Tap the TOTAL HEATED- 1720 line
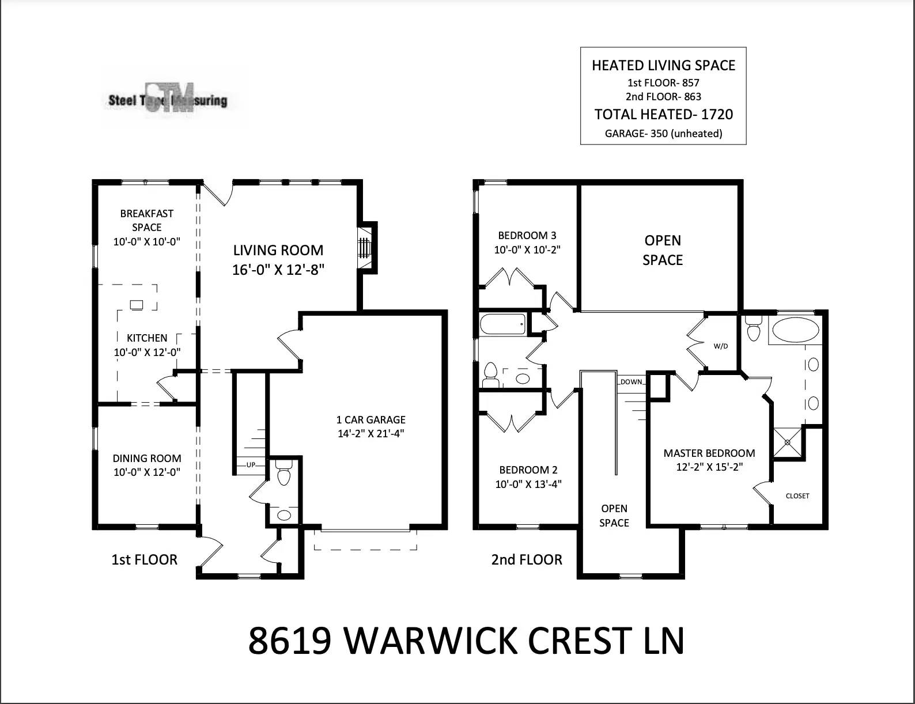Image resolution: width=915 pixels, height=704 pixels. click(663, 114)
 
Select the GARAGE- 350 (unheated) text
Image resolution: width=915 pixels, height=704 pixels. click(663, 134)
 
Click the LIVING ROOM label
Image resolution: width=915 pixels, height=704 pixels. click(278, 250)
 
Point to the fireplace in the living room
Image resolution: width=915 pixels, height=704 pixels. click(364, 247)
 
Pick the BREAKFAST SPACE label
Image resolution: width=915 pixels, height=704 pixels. click(146, 220)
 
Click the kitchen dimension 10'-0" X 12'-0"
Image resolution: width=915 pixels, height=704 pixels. click(147, 352)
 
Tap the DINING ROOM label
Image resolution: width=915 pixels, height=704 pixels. click(147, 458)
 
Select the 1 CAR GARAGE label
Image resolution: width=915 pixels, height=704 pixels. click(371, 419)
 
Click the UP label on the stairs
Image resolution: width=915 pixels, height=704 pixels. click(251, 464)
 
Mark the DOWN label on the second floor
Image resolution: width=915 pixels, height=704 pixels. click(632, 382)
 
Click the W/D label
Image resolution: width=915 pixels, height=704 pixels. click(721, 346)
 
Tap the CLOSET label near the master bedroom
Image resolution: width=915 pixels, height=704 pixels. click(797, 495)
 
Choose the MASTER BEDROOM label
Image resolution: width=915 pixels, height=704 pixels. click(709, 453)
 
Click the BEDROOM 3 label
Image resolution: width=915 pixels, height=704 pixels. click(527, 235)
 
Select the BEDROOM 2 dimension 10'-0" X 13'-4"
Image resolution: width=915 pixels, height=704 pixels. click(528, 484)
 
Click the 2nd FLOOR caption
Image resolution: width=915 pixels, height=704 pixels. click(527, 559)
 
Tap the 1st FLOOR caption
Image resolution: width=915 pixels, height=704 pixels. click(144, 559)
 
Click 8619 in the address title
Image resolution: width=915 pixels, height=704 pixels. click(290, 641)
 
